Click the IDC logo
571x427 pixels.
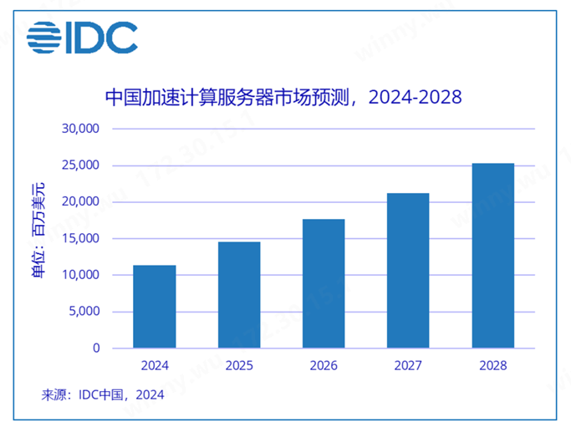(82, 37)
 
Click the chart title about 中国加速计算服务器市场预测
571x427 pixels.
(283, 96)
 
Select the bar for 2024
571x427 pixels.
(155, 306)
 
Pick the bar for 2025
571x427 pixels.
(239, 294)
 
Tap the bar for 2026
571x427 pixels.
(324, 283)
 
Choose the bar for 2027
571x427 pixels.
(408, 270)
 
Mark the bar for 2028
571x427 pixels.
(492, 255)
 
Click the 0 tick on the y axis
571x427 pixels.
(96, 348)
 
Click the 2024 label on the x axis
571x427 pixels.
(155, 365)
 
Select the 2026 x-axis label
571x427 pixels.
(324, 365)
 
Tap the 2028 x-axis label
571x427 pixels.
(492, 365)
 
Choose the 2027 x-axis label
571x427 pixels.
(408, 365)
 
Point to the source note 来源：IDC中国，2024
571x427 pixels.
(103, 395)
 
